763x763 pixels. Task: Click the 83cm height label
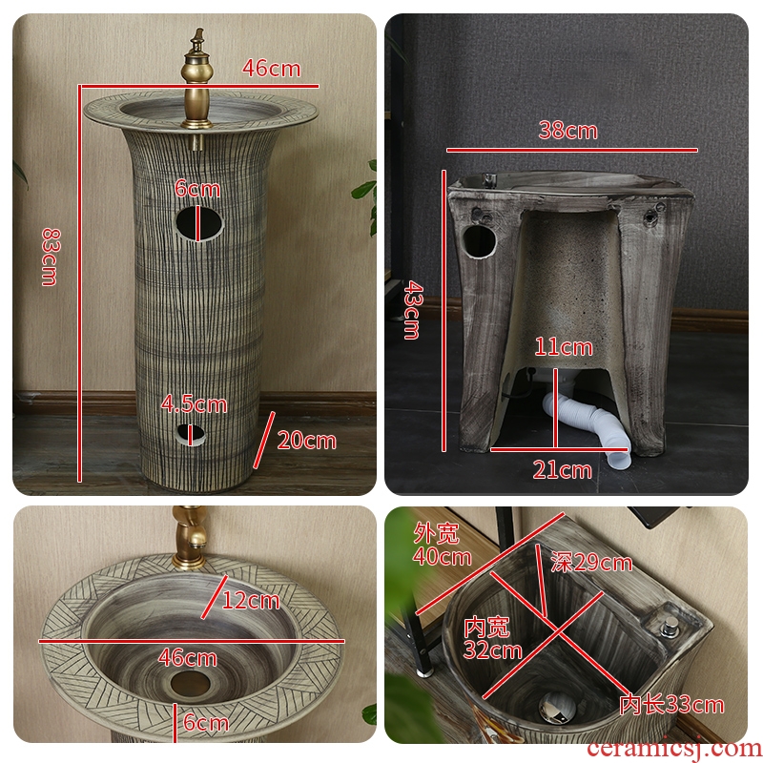51,257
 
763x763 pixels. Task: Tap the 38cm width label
567,131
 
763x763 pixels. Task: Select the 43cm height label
413,309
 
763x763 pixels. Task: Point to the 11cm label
564,347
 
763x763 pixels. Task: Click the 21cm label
562,470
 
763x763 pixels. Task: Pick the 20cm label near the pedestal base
306,441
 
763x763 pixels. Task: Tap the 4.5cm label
194,404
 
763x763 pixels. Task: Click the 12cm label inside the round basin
251,601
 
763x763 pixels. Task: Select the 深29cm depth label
591,563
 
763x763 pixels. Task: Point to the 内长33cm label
671,704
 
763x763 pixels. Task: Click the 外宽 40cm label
442,545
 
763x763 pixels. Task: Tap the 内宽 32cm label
492,638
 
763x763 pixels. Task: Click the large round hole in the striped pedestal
199,223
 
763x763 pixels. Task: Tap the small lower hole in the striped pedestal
191,435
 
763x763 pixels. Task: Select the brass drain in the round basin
190,683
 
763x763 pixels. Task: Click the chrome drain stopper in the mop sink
557,707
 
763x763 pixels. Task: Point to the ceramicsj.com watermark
674,750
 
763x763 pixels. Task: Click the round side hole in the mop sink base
479,242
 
